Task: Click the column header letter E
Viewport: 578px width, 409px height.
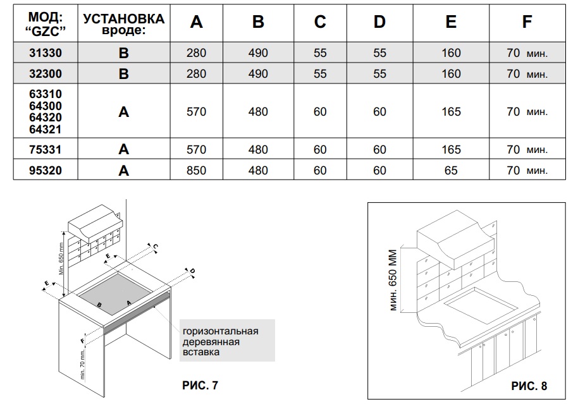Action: click(x=451, y=22)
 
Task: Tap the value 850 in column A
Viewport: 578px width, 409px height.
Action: click(x=196, y=170)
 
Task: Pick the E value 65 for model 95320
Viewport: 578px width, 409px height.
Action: click(x=451, y=170)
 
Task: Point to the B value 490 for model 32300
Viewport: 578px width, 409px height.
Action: click(x=258, y=74)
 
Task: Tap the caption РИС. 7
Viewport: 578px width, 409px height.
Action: click(x=199, y=384)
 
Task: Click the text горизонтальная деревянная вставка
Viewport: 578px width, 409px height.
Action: click(x=220, y=341)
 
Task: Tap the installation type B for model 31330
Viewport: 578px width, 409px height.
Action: click(x=123, y=53)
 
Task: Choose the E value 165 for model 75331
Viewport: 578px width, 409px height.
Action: click(x=451, y=150)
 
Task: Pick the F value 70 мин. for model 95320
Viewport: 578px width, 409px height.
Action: click(x=527, y=170)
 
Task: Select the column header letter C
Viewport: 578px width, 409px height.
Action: click(x=320, y=22)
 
